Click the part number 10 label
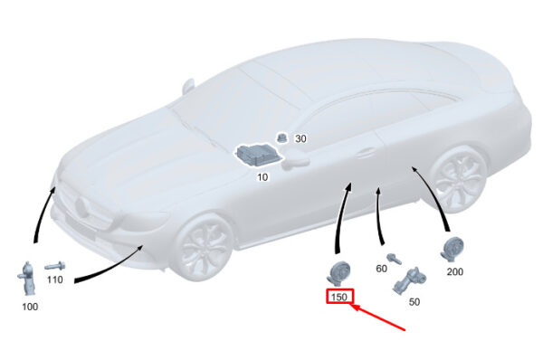pyautogui.click(x=262, y=177)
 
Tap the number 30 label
pyautogui.click(x=300, y=138)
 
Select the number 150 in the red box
pyautogui.click(x=339, y=297)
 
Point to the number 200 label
pyautogui.click(x=454, y=271)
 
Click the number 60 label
pyautogui.click(x=381, y=269)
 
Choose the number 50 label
pyautogui.click(x=414, y=302)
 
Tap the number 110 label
pyautogui.click(x=54, y=279)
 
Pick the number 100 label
pyautogui.click(x=30, y=307)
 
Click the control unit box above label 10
pyautogui.click(x=259, y=155)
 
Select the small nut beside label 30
pyautogui.click(x=281, y=137)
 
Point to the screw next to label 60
pyautogui.click(x=395, y=259)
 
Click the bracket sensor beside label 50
pyautogui.click(x=409, y=281)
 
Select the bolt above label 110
pyautogui.click(x=55, y=266)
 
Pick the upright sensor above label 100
pyautogui.click(x=27, y=279)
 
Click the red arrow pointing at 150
pyautogui.click(x=378, y=317)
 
